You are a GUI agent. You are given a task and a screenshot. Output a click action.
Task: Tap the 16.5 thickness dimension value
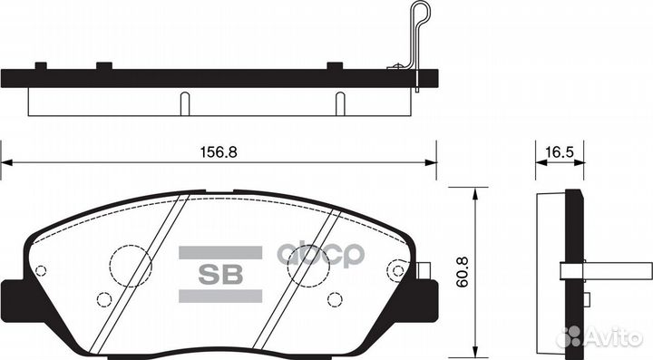553,153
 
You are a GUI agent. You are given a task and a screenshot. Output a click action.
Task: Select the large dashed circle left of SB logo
131,266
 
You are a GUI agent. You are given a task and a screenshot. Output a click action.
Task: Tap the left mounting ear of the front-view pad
13,294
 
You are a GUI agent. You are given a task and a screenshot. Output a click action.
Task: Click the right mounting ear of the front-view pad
426,292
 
